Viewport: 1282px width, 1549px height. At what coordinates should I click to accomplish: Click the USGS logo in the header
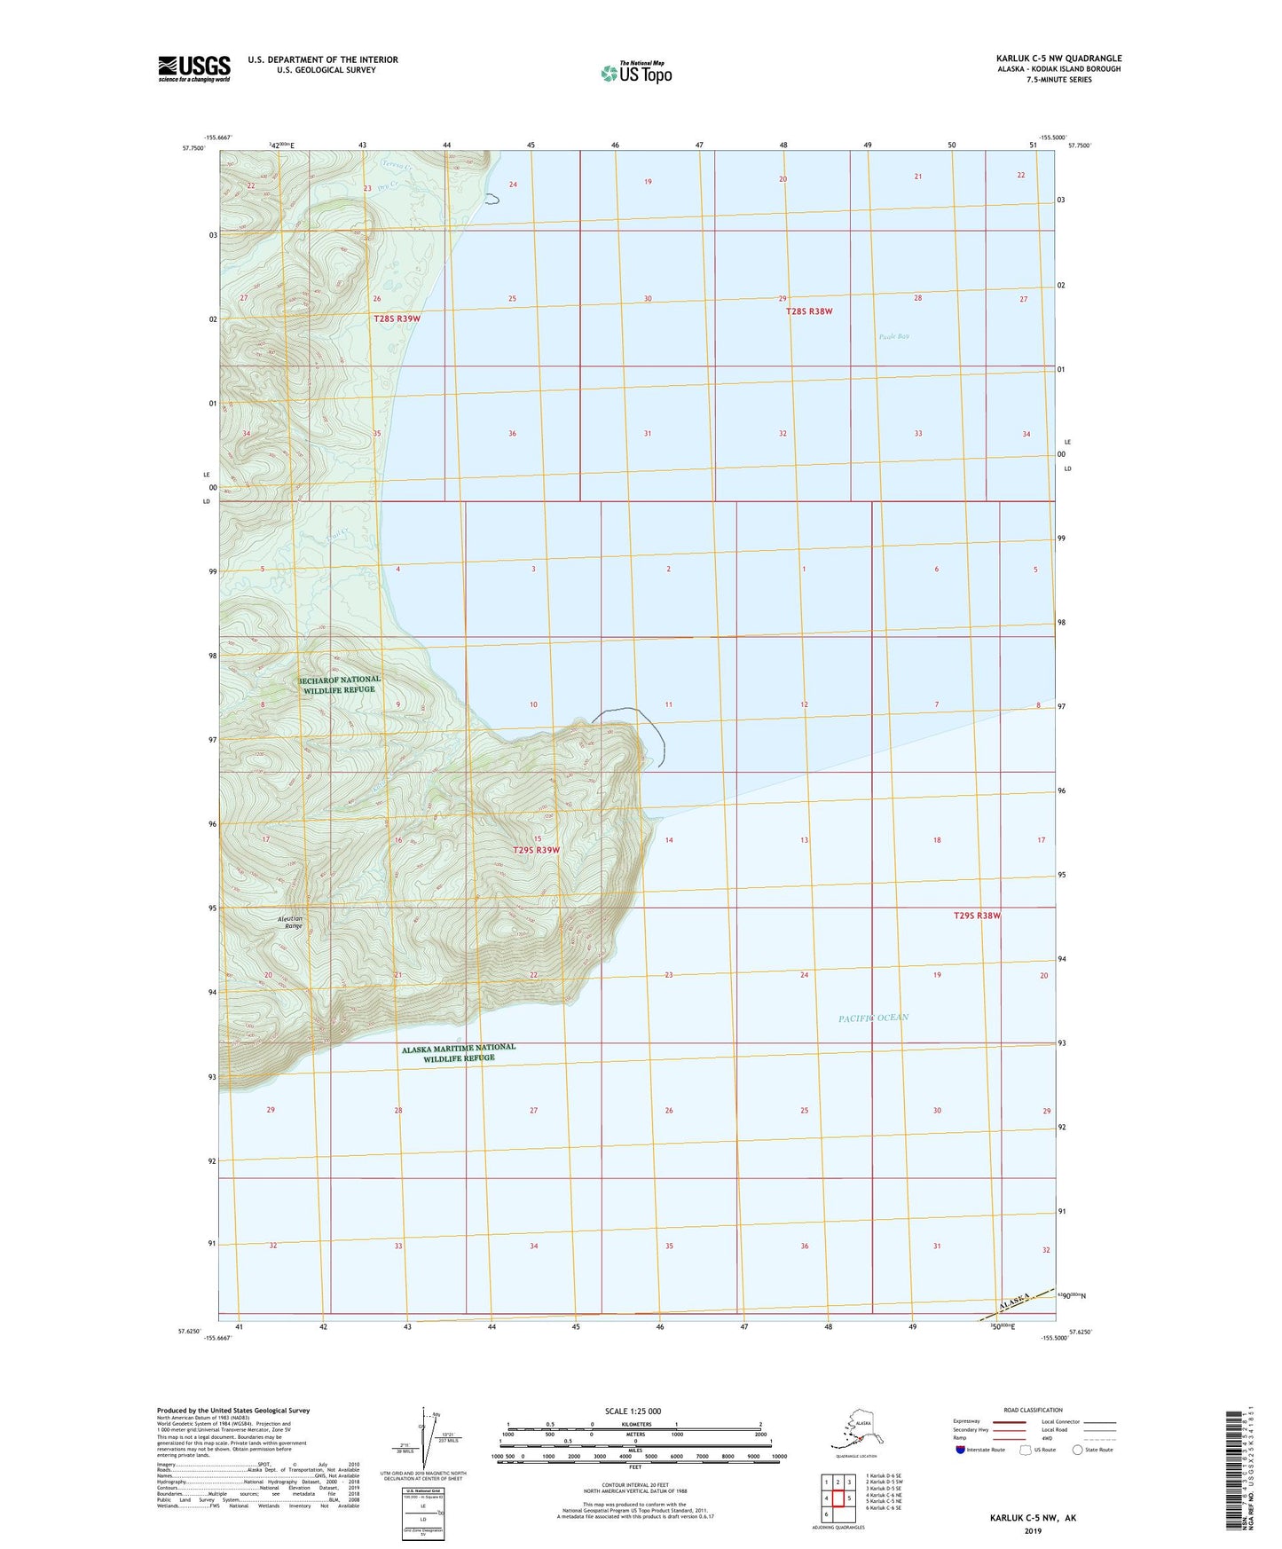pos(193,68)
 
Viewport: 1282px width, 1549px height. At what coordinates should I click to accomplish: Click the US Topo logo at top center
pos(635,73)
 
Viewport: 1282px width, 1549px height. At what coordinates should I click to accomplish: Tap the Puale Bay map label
pos(893,336)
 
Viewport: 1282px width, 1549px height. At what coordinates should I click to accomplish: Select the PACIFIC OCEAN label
pos(873,1018)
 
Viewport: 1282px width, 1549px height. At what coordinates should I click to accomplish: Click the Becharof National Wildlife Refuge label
pos(342,684)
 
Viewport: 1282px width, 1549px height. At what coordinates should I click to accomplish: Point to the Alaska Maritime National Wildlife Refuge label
pos(458,1052)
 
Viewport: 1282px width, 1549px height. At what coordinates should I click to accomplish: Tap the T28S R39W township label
pos(397,318)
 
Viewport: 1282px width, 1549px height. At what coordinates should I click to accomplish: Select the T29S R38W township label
pos(977,915)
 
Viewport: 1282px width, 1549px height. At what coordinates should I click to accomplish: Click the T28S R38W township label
pos(809,311)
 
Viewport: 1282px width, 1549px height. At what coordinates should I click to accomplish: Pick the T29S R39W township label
pos(537,850)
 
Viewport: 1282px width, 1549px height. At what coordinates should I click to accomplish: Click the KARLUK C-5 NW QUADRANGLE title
pos(1058,59)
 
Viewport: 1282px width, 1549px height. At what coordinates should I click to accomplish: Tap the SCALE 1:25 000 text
pos(633,1411)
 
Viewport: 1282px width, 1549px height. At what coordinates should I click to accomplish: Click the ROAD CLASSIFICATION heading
pos(1033,1410)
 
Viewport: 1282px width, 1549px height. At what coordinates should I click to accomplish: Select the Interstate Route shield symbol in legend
pos(960,1450)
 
